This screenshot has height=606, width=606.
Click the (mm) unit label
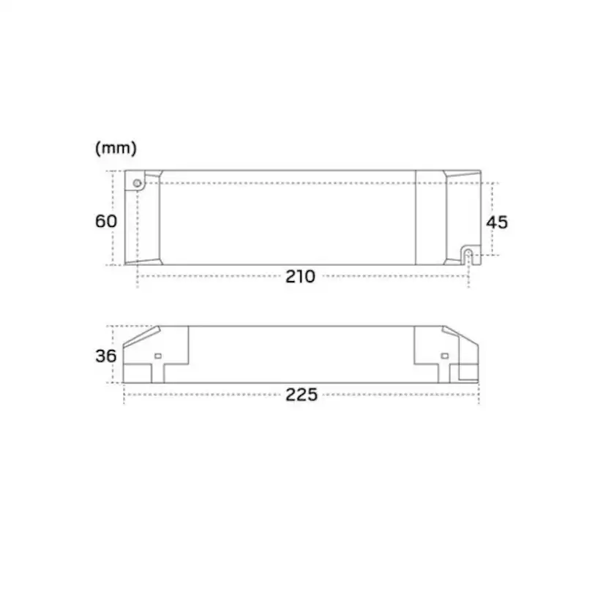116,148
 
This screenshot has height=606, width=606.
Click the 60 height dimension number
106,220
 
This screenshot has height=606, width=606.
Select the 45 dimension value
497,222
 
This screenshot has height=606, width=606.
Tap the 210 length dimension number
300,277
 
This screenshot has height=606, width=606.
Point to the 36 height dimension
106,356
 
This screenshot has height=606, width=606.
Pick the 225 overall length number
302,395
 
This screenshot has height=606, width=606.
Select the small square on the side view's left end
157,356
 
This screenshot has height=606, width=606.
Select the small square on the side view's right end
443,356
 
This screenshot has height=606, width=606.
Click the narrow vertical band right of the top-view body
431,217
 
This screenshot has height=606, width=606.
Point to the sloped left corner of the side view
141,338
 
